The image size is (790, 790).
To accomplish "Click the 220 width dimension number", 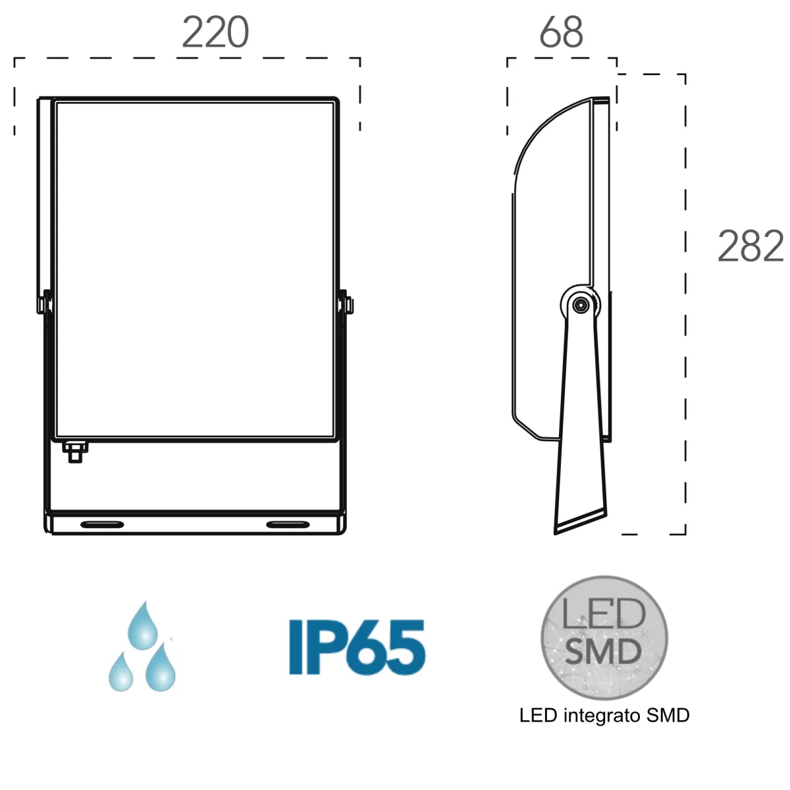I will click(x=215, y=32).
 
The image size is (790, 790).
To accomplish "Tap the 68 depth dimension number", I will click(x=561, y=32).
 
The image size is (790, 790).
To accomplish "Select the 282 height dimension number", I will click(x=750, y=247).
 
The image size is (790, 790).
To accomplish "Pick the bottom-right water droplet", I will click(x=160, y=668).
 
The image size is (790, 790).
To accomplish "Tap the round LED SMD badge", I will click(x=604, y=637).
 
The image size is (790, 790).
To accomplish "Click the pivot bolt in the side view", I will click(x=580, y=305).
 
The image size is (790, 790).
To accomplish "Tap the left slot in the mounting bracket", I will click(x=102, y=524).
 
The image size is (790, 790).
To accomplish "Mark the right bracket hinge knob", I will click(x=348, y=304).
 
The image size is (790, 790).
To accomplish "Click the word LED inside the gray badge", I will click(x=604, y=614).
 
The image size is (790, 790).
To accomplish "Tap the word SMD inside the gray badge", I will click(x=604, y=651).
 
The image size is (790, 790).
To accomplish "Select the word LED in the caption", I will click(x=538, y=716).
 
